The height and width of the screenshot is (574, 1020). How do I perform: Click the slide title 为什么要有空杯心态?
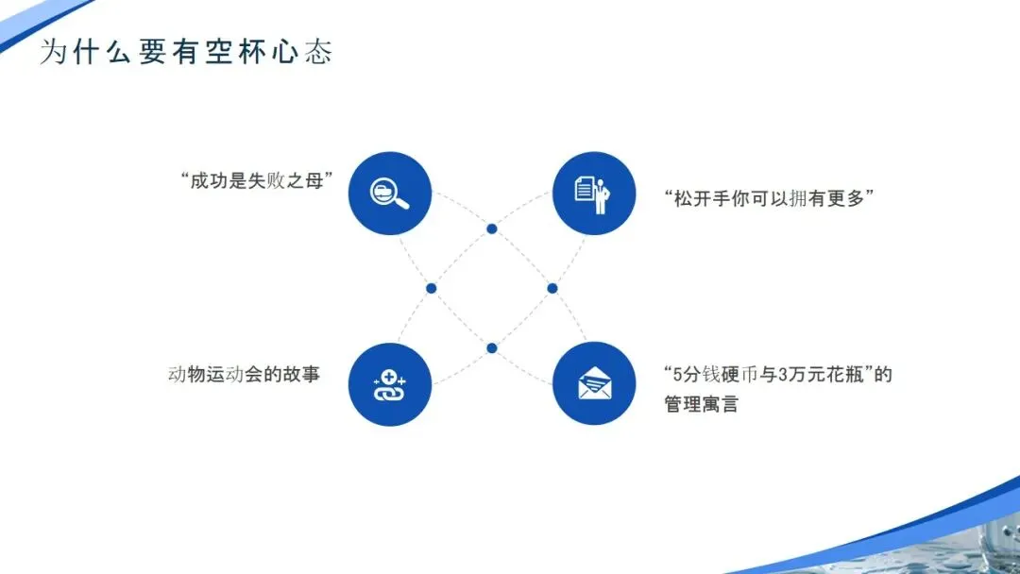coord(186,52)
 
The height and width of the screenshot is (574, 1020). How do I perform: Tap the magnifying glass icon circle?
coord(389,194)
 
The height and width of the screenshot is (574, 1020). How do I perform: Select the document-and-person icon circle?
coord(593,194)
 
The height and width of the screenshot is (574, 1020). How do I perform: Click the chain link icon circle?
coord(389,383)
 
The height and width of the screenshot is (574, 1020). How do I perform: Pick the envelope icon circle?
coord(593,383)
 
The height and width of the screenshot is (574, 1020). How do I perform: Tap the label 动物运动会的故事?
coord(244,375)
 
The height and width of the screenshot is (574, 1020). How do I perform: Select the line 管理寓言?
coord(702,405)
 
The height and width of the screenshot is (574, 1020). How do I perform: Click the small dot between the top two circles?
coord(491,228)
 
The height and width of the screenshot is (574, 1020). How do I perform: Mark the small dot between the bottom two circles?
coord(491,347)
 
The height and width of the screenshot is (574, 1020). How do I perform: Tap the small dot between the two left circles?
coord(431,288)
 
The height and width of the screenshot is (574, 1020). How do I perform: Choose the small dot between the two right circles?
coord(552,288)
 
